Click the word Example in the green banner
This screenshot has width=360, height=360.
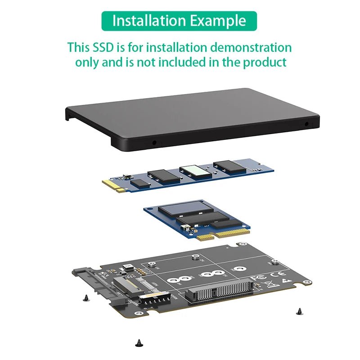pyautogui.click(x=218, y=21)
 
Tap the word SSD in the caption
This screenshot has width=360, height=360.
pyautogui.click(x=107, y=47)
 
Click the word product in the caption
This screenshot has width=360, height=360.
pyautogui.click(x=265, y=62)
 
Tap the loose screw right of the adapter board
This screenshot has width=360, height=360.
pyautogui.click(x=299, y=310)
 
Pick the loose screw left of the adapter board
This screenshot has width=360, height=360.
pyautogui.click(x=85, y=297)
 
